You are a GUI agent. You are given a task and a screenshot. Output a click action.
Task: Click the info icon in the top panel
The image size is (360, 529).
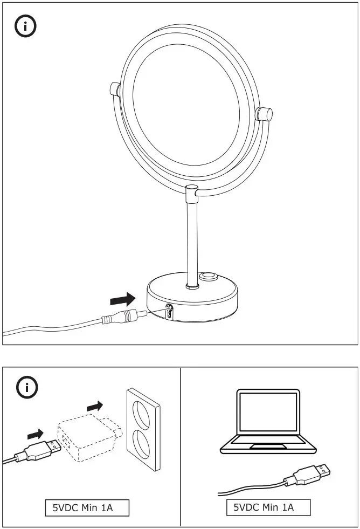pyautogui.click(x=25, y=27)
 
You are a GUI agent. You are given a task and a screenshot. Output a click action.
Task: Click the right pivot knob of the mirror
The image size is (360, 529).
pyautogui.click(x=265, y=114)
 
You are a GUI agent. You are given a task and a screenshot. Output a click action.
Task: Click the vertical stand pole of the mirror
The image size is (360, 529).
pyautogui.click(x=192, y=243)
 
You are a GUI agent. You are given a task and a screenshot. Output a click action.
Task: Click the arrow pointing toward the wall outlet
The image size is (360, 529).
pyautogui.click(x=94, y=405)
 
